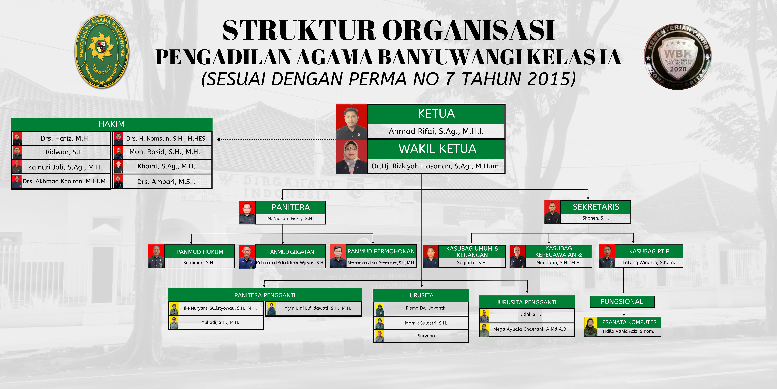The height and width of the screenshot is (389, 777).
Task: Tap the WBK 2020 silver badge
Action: (x=677, y=57)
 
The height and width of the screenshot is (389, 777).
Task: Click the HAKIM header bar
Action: (x=112, y=124)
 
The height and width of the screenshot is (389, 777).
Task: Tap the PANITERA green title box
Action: (x=290, y=207)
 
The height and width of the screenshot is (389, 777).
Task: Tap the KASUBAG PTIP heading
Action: (x=649, y=251)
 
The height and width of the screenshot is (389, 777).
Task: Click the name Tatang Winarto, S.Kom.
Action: (x=649, y=262)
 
